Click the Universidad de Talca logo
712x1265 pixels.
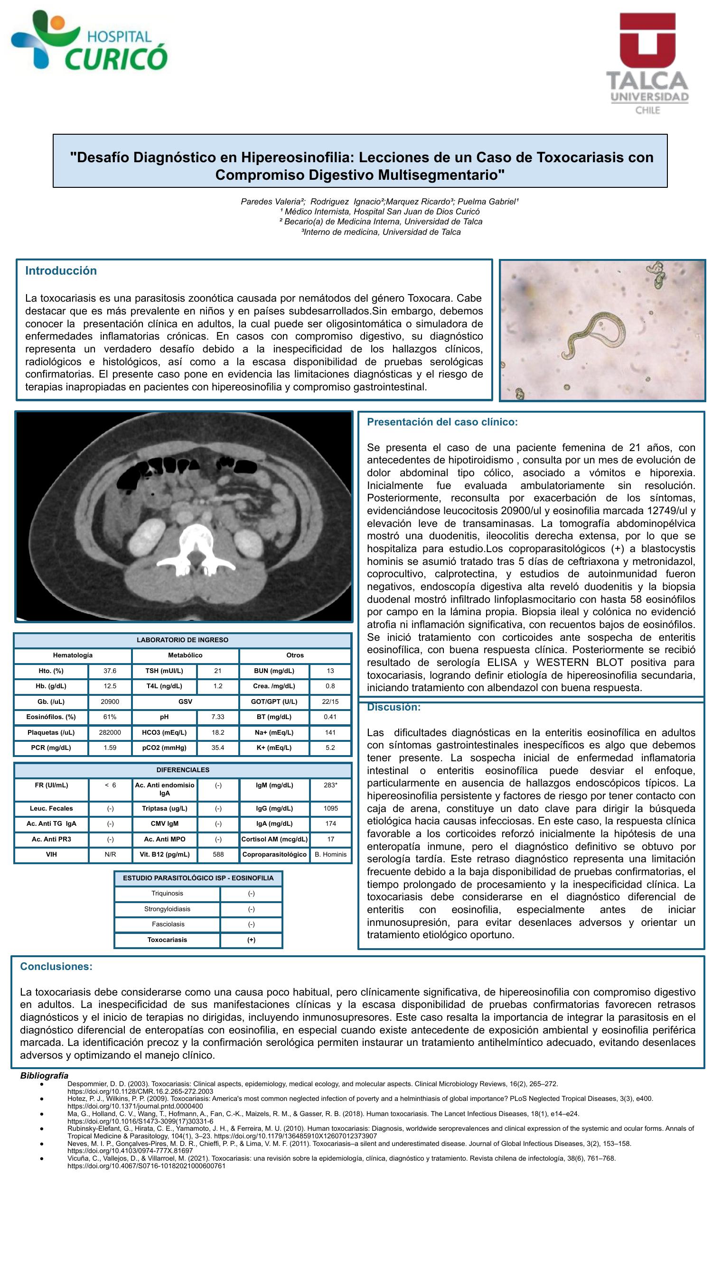click(x=646, y=63)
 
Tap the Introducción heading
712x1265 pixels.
click(x=61, y=270)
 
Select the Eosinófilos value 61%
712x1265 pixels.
click(x=110, y=717)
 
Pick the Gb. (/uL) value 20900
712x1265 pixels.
click(x=110, y=702)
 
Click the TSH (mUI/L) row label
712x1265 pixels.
click(x=164, y=671)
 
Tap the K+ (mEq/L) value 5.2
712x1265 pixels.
click(x=330, y=748)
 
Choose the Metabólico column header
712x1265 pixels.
click(x=185, y=655)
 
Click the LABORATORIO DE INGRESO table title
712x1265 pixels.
click(x=182, y=640)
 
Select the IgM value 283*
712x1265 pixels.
click(x=330, y=785)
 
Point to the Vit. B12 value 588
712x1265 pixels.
click(x=218, y=854)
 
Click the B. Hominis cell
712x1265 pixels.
click(x=330, y=854)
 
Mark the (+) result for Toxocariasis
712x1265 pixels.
click(x=251, y=940)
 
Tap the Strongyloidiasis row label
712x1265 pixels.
click(x=167, y=909)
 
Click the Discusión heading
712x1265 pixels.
click(x=393, y=707)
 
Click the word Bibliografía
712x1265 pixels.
click(x=44, y=1075)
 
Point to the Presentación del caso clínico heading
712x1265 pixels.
click(x=442, y=422)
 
